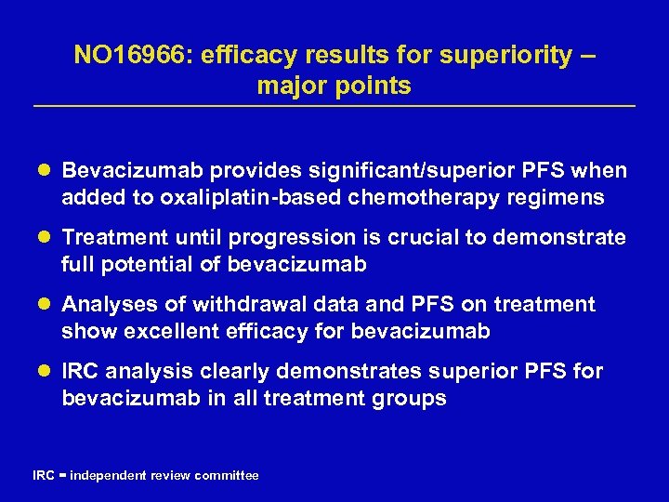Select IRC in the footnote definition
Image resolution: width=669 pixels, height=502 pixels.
(x=43, y=475)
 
